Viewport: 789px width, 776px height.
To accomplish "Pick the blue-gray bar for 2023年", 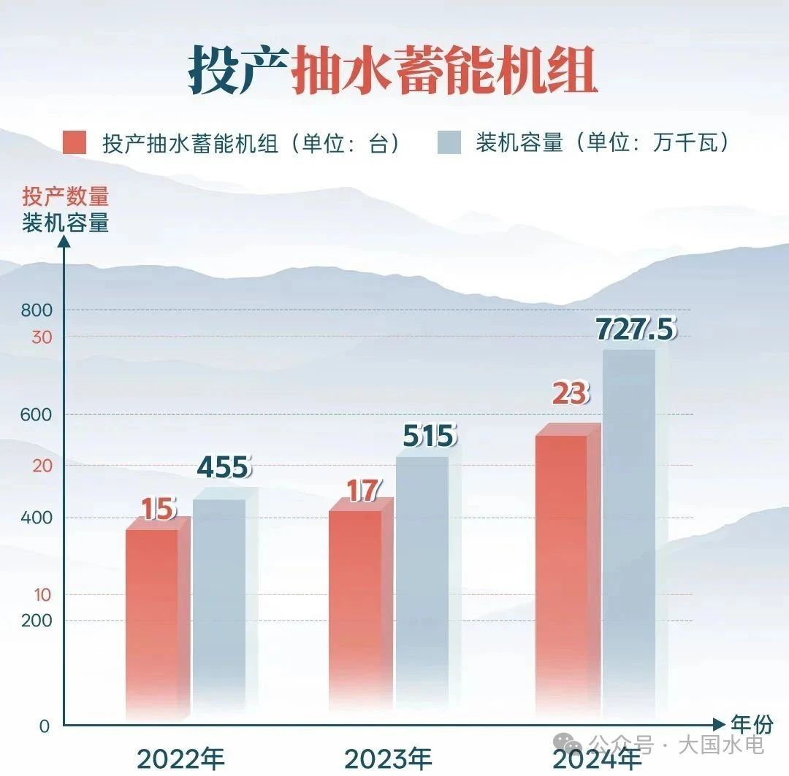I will (x=422, y=584).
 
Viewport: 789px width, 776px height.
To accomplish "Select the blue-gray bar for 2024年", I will (x=629, y=533).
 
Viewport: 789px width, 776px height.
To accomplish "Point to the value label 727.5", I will (x=636, y=329).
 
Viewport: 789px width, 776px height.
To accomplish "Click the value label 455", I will (x=224, y=467).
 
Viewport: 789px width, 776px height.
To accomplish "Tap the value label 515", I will (x=430, y=437).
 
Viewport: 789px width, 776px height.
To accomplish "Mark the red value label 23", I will (x=570, y=394).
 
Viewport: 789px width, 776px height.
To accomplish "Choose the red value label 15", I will (x=159, y=509).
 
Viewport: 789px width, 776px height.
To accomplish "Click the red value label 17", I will (x=363, y=491).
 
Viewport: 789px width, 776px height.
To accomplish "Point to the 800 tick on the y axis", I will (x=37, y=310).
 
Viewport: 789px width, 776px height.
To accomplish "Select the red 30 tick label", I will (x=42, y=337).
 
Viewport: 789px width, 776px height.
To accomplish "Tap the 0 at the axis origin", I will (x=45, y=726).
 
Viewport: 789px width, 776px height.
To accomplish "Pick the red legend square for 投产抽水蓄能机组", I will (x=75, y=142).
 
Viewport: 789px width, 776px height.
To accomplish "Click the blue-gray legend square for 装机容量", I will (x=449, y=142).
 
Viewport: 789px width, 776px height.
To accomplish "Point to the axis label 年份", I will (x=752, y=725).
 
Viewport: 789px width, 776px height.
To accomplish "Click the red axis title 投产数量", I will (x=65, y=197).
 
